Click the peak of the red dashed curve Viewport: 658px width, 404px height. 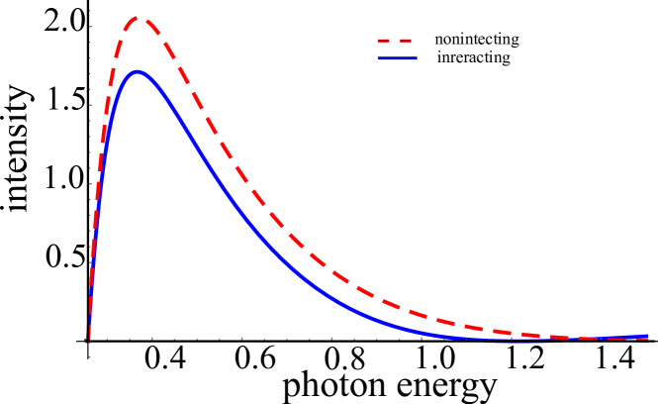[140, 17]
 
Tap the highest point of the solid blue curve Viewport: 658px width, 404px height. [138, 71]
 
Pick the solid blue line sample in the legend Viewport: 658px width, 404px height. [397, 58]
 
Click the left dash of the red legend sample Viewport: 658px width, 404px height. [385, 41]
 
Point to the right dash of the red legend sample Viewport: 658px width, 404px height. [406, 41]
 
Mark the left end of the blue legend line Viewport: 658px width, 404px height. [378, 58]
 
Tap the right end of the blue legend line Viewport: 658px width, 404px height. [416, 58]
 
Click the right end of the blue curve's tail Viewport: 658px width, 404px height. [647, 337]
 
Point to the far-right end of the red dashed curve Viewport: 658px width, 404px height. [647, 340]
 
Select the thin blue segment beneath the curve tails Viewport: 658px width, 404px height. [519, 343]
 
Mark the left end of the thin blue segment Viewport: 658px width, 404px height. [492, 343]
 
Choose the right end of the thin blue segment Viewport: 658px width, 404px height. [548, 343]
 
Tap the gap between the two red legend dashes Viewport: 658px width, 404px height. [396, 41]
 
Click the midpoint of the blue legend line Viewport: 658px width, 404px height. [397, 58]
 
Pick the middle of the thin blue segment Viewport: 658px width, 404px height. [519, 343]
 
